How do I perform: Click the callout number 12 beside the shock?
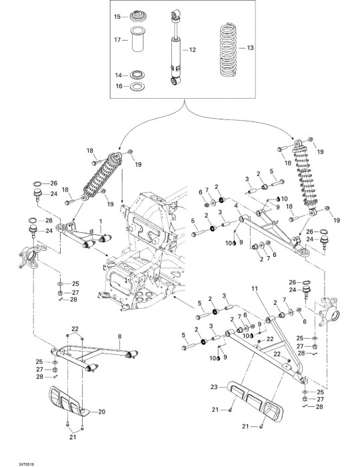[193, 50]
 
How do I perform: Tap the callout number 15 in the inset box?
[117, 17]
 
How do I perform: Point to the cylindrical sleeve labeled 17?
[138, 39]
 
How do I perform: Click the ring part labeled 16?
[138, 86]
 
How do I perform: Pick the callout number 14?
[119, 75]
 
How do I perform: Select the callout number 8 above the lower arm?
[119, 336]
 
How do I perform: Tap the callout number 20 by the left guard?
[102, 412]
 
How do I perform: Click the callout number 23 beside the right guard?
[214, 387]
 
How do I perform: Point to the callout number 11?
[255, 289]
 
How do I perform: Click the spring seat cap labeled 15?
[138, 16]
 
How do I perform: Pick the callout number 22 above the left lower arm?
[75, 329]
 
